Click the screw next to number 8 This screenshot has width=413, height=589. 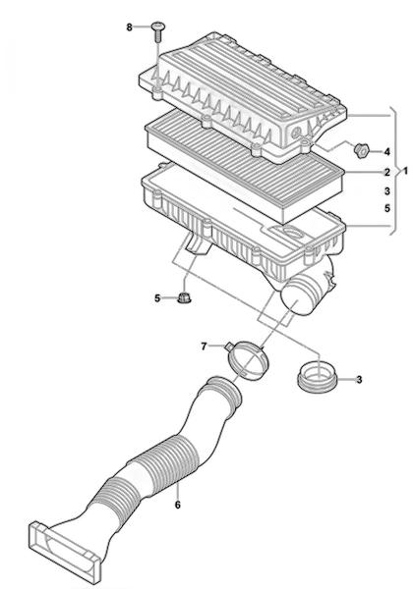(158, 32)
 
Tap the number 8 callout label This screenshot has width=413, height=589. (130, 27)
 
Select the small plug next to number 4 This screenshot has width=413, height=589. (361, 150)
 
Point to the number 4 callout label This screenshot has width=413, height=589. (386, 152)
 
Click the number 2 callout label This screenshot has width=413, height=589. (387, 173)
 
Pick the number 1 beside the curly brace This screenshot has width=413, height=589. (405, 171)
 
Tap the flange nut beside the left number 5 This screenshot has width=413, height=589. (184, 297)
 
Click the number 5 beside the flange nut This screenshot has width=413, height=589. (157, 298)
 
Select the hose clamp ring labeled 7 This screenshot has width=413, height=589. (249, 360)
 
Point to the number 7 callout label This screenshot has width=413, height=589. (204, 347)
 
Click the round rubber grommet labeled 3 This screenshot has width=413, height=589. (317, 376)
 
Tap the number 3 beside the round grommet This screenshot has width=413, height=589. (359, 380)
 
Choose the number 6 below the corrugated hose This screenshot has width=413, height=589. (178, 505)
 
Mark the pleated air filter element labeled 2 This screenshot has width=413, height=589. (245, 165)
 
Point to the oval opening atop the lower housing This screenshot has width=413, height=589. (293, 232)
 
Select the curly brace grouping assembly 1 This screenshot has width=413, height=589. (393, 171)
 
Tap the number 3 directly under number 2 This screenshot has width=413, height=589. (387, 191)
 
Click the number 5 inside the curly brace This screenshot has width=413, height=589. (387, 208)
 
